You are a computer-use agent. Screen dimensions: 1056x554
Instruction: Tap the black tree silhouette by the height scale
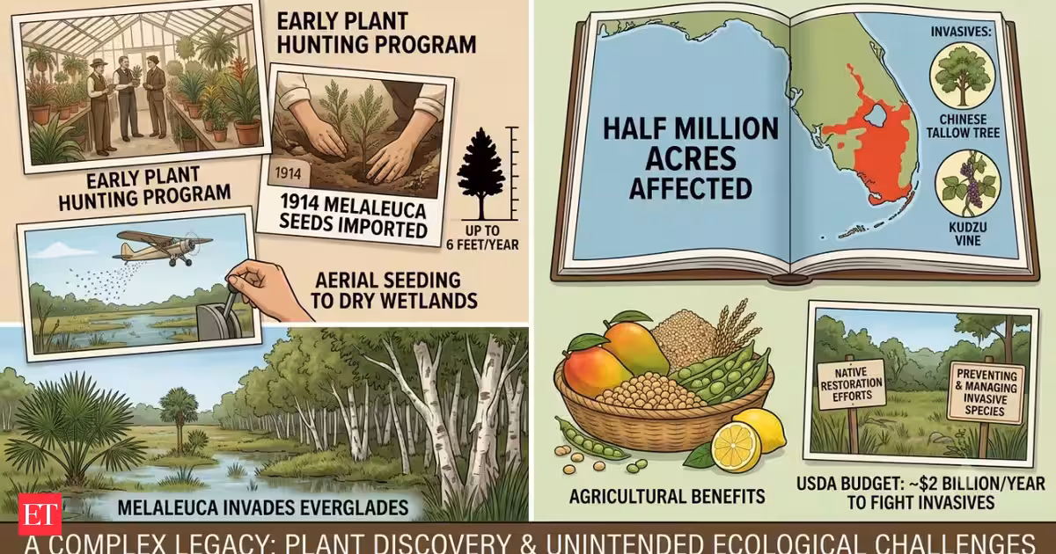[x=480, y=172]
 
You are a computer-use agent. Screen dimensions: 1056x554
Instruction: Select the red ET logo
[x=40, y=514]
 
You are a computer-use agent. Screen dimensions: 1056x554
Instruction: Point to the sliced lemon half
[x=736, y=446]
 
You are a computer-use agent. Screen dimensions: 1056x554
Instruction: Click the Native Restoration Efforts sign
[x=852, y=384]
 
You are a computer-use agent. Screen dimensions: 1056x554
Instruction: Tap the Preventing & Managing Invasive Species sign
[x=986, y=393]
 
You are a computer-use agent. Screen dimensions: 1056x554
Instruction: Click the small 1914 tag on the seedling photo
[x=288, y=174]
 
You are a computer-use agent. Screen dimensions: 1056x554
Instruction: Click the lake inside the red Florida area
[x=875, y=114]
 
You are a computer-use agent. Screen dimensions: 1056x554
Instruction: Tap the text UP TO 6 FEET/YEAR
[x=482, y=238]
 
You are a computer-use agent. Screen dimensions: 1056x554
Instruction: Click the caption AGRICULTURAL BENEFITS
[x=667, y=496]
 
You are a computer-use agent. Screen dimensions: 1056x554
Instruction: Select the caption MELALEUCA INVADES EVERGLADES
[x=262, y=507]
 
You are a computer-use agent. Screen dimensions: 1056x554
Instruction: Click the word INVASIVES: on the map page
[x=961, y=32]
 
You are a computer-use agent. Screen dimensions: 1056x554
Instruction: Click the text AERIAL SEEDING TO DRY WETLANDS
[x=394, y=290]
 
